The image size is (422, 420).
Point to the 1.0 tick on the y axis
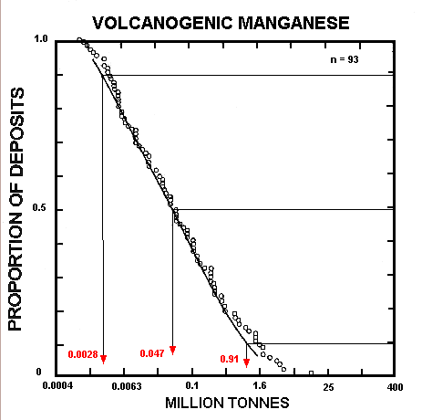tap(39, 40)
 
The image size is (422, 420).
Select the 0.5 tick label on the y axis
tap(39, 209)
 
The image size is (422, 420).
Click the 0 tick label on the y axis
tap(40, 373)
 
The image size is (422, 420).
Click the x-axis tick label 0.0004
tap(57, 387)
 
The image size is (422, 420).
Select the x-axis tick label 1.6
tap(260, 387)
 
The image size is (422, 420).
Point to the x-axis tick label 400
tap(395, 387)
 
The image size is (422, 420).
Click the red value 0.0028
tap(82, 353)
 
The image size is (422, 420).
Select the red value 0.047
tap(152, 353)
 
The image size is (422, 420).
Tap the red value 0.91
tap(229, 359)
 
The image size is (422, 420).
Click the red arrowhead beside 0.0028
tap(104, 358)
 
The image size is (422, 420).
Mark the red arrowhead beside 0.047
tap(172, 350)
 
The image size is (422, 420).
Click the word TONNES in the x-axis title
tap(260, 404)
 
